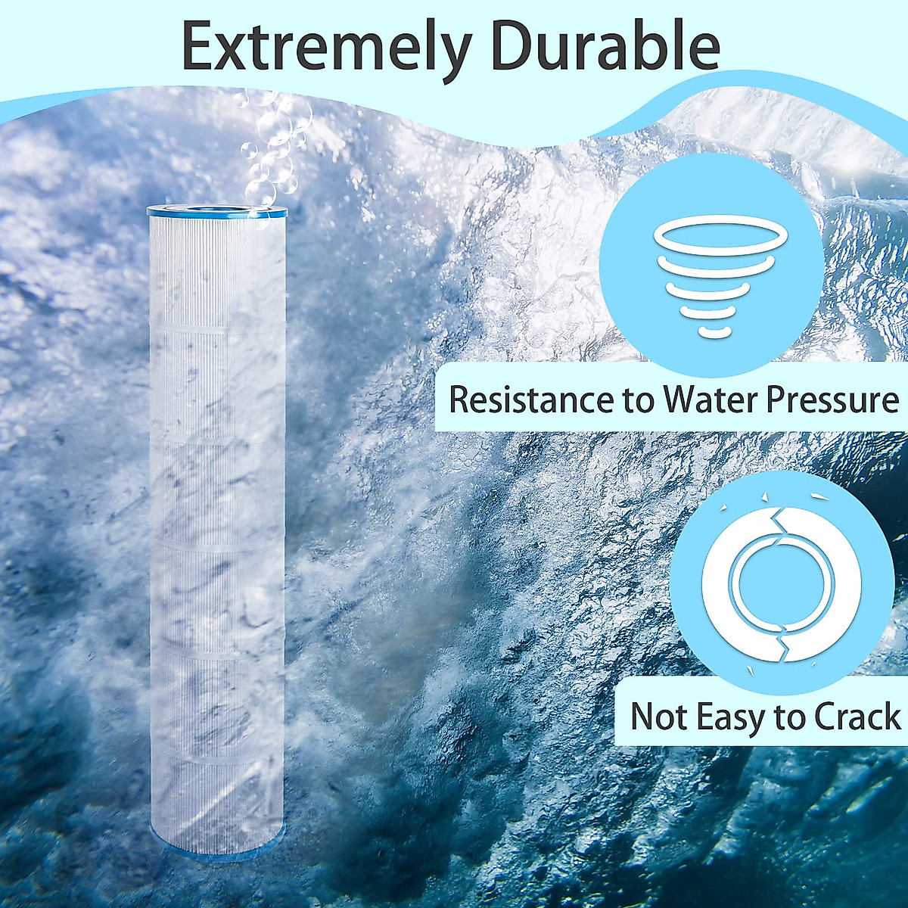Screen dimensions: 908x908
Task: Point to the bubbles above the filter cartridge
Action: (x=269, y=144)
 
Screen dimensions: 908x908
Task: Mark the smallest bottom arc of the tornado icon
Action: (x=711, y=331)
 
